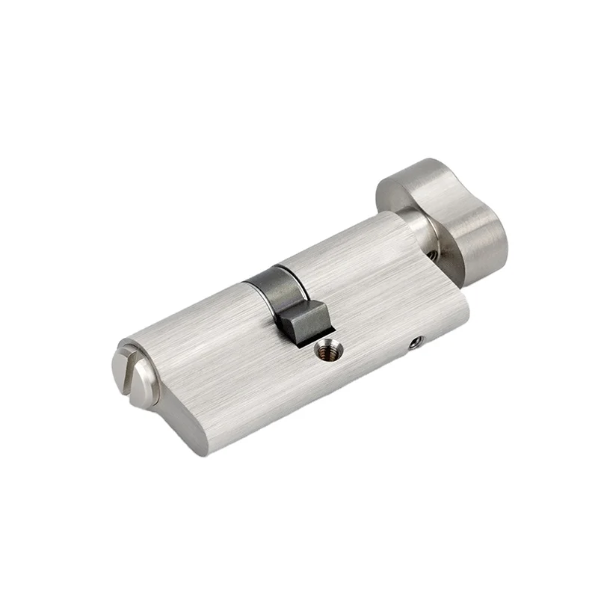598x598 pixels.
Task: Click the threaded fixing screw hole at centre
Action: tap(327, 349)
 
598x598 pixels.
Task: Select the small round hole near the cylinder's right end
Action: tap(416, 342)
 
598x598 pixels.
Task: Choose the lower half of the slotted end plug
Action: tap(142, 393)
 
